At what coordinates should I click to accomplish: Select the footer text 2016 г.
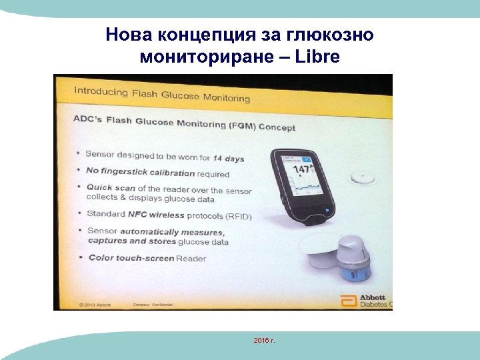pyautogui.click(x=265, y=341)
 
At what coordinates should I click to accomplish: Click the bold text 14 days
pyautogui.click(x=229, y=159)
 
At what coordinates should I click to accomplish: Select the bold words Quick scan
pyautogui.click(x=108, y=189)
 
